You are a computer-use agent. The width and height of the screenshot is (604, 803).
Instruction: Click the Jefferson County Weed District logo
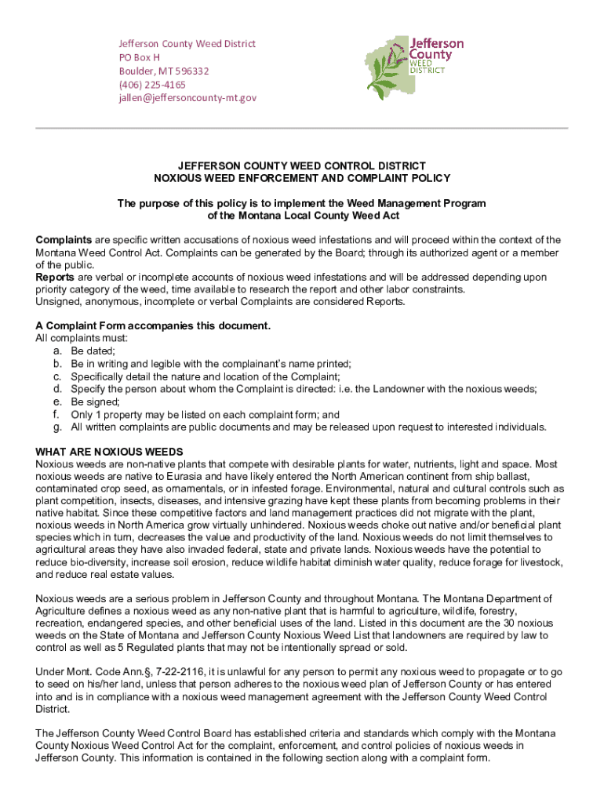click(x=414, y=67)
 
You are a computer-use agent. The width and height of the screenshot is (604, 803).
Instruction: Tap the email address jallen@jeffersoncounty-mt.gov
click(x=187, y=98)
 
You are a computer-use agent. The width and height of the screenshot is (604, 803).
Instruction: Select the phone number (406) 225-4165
click(x=152, y=85)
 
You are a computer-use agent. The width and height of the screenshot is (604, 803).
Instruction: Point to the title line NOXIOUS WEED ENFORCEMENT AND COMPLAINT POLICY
click(x=301, y=179)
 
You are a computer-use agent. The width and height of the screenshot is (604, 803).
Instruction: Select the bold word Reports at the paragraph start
click(x=56, y=278)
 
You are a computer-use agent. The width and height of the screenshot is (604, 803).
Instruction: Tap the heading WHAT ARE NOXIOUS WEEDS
click(x=109, y=452)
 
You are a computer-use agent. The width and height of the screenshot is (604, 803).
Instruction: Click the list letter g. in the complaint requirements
click(x=57, y=427)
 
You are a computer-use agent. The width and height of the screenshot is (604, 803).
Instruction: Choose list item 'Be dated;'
click(x=93, y=351)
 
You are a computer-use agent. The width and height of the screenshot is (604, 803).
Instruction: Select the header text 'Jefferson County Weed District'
click(x=187, y=44)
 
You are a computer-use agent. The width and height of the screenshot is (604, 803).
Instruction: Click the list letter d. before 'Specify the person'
click(x=57, y=389)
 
